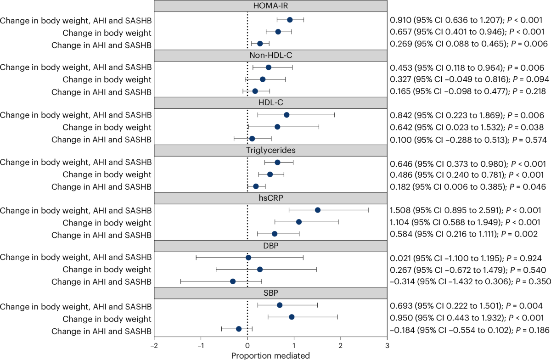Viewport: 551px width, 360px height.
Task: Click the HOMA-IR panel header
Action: (x=270, y=6)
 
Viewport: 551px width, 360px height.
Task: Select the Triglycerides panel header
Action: (x=270, y=150)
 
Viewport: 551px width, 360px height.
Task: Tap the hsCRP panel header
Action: (x=270, y=198)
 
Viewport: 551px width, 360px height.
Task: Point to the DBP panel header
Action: (x=270, y=246)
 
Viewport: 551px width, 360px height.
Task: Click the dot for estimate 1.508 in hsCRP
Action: (x=318, y=210)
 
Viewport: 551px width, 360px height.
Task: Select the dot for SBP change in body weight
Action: (x=292, y=317)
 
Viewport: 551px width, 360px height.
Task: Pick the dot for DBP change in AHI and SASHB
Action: (x=233, y=281)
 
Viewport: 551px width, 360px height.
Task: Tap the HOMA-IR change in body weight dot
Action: (x=278, y=32)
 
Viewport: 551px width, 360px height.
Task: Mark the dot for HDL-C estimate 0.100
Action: (x=252, y=139)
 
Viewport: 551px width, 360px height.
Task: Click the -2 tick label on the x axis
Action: (x=154, y=346)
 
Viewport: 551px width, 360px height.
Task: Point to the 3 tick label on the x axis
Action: (x=387, y=346)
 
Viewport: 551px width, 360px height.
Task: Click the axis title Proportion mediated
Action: (x=270, y=355)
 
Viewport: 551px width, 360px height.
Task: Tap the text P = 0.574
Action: (x=529, y=140)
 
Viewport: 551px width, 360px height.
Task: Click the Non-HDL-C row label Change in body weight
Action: (x=107, y=80)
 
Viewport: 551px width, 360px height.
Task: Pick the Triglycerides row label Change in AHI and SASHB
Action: (x=101, y=187)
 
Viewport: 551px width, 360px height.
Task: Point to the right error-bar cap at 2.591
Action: (x=368, y=210)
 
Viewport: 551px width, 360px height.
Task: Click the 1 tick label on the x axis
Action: (x=294, y=346)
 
